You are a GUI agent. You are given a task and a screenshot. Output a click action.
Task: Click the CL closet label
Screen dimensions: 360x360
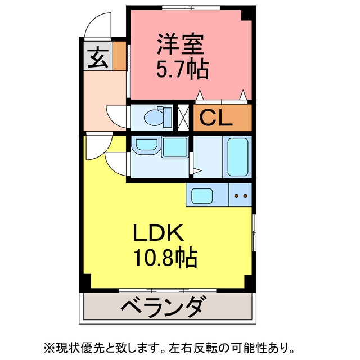(x=215, y=118)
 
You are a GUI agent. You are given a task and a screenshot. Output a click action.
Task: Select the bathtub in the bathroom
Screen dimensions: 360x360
(x=238, y=156)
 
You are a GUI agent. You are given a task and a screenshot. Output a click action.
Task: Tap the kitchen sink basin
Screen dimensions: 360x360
(x=203, y=196)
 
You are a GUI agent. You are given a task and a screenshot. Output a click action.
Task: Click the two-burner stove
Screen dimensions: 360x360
(x=241, y=196)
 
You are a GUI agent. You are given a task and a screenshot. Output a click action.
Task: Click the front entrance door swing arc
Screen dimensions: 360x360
(x=97, y=25)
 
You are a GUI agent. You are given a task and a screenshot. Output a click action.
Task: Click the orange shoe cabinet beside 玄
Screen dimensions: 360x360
(x=119, y=55)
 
